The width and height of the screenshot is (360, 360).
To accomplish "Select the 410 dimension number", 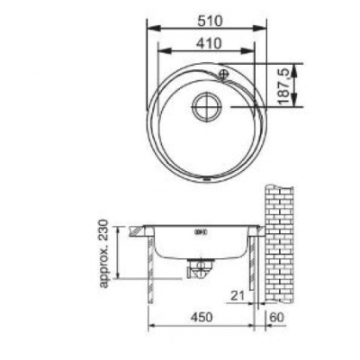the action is pos(209,43).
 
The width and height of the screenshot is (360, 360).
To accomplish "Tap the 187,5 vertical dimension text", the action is pos(284,86).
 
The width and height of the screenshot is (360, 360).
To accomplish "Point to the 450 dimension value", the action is pos(201,317).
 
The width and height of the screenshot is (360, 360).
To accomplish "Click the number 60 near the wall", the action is pos(277,317).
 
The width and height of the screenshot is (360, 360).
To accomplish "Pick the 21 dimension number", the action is pos(238,296).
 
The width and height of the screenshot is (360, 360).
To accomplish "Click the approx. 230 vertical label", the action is pos(103,254).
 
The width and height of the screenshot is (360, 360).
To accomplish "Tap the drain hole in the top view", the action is pos(207,106).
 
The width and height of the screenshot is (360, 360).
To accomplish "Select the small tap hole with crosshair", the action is pos(224,74).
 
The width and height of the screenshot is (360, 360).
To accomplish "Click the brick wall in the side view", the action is pos(279,244).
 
